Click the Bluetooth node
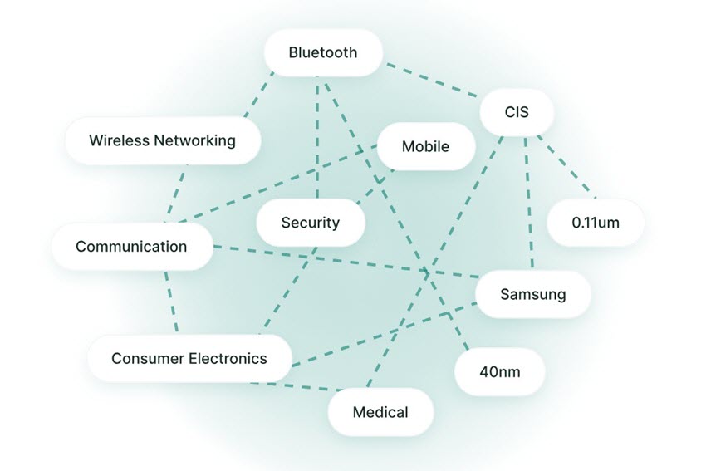point(323,53)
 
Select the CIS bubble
point(517,111)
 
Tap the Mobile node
point(425,147)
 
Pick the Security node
point(311,223)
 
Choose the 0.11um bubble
point(596,223)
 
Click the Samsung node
point(532,294)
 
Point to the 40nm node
point(500,371)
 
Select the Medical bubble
point(380,412)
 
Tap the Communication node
point(131,247)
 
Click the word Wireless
point(117,140)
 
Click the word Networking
point(194,140)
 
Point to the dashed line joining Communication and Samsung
point(349,262)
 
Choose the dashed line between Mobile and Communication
point(274,184)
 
